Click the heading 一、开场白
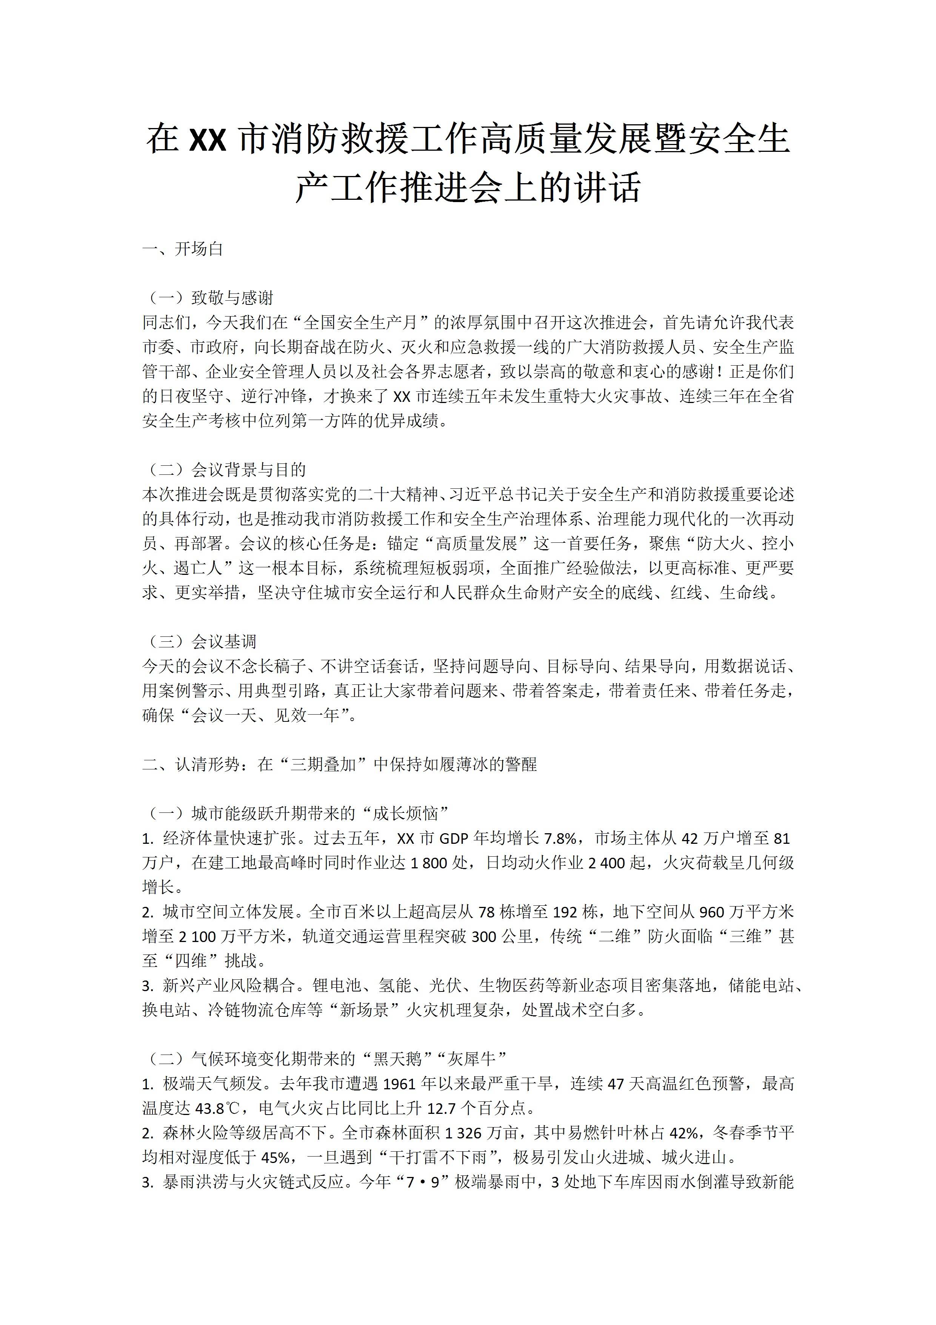click(182, 249)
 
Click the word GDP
click(454, 839)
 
